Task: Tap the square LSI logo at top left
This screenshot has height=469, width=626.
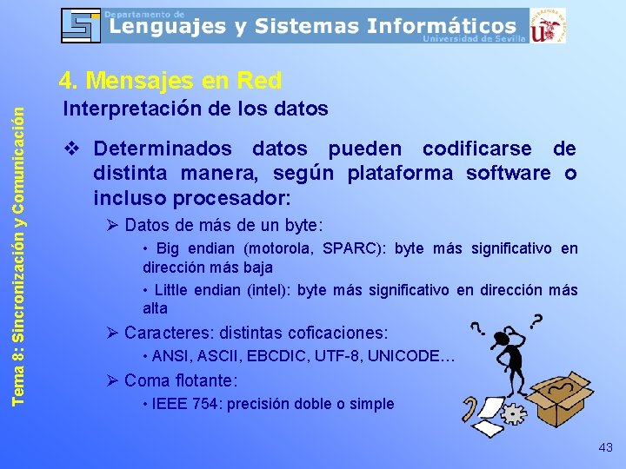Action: click(81, 25)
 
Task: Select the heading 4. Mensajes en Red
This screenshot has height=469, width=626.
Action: click(170, 81)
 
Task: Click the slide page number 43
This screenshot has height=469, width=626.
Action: click(605, 447)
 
